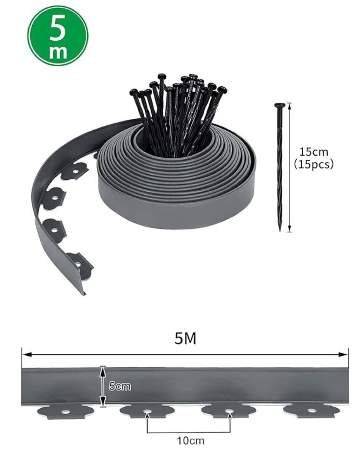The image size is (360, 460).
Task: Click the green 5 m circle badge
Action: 58,35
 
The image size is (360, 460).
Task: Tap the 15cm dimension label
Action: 314,152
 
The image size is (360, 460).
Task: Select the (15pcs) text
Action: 314,164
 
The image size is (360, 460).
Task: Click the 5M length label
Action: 186,338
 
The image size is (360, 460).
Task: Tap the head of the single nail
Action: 280,105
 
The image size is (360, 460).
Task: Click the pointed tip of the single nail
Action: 280,231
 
